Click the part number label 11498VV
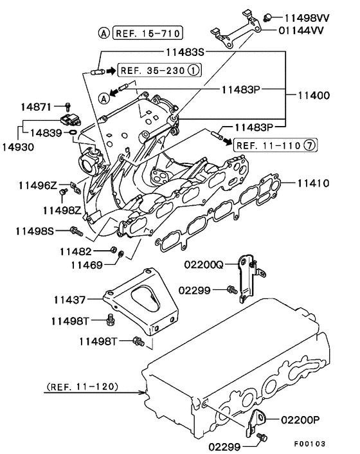(307, 17)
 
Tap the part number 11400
(313, 95)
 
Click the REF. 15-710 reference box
(148, 33)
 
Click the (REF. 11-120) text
(82, 387)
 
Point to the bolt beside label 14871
(68, 105)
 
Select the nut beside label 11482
(113, 250)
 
